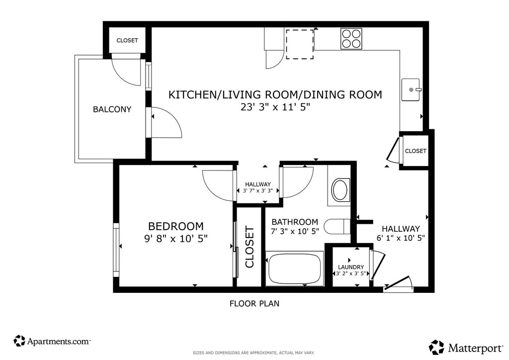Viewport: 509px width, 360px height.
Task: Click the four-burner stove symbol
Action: (351, 39)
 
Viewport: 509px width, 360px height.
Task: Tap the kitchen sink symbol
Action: (411, 90)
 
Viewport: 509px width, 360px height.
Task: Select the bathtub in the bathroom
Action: (295, 269)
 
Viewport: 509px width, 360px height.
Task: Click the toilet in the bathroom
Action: (338, 226)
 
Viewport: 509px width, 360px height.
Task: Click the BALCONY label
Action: (112, 109)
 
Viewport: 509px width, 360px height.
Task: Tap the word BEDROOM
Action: (176, 226)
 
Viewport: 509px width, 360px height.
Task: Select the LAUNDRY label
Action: (351, 267)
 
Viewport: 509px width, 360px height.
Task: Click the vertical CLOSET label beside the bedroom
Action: (250, 247)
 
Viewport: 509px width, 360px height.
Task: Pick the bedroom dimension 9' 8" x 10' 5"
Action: (175, 239)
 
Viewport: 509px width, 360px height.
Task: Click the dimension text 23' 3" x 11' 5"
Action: (275, 107)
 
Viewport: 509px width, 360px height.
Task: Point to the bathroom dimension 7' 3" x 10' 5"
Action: (295, 231)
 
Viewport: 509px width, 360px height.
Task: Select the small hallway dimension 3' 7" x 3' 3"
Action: (258, 191)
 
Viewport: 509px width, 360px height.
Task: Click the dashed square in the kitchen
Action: (300, 44)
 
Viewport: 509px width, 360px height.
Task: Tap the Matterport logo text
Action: (476, 348)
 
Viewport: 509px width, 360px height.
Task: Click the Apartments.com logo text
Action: (59, 341)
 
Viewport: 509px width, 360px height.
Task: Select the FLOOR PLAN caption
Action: (254, 303)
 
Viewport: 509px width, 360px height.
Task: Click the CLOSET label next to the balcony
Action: (127, 40)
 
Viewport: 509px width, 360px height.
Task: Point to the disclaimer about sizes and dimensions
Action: (254, 353)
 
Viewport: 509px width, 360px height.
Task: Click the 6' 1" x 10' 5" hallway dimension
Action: (401, 238)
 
